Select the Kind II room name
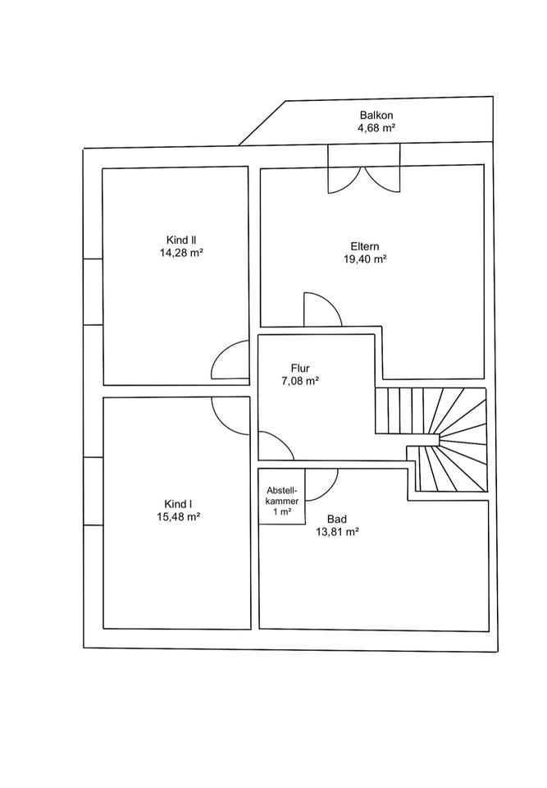click(x=181, y=241)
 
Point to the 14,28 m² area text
click(x=181, y=254)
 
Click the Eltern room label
click(x=365, y=245)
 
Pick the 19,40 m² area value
click(x=365, y=258)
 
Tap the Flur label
click(x=299, y=368)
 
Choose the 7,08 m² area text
click(x=299, y=381)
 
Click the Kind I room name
click(x=179, y=504)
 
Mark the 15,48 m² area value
click(x=179, y=517)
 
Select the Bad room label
click(x=336, y=519)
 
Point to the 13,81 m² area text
click(x=336, y=532)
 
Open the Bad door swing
click(x=321, y=483)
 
